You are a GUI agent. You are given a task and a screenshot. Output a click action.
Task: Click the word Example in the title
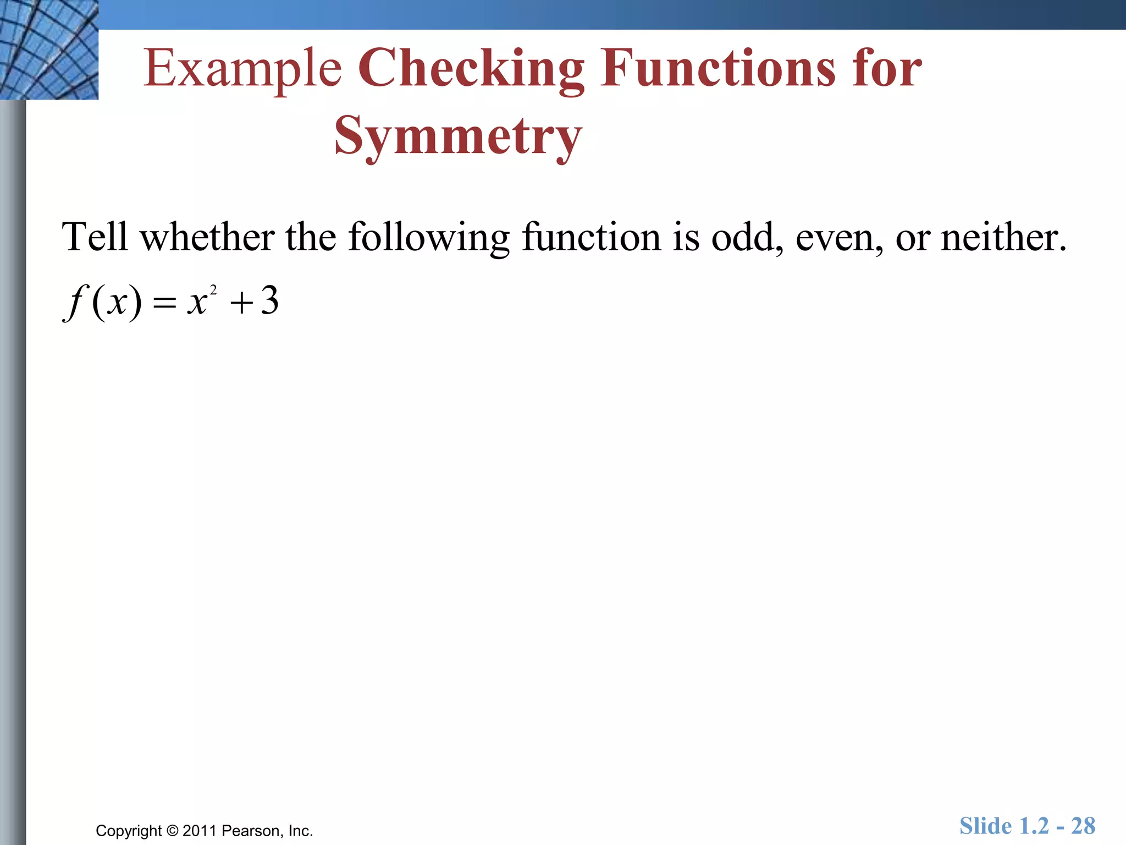coord(242,69)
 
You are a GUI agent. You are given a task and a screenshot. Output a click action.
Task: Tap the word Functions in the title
coord(717,68)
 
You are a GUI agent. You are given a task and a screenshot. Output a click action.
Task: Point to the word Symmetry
coord(458,136)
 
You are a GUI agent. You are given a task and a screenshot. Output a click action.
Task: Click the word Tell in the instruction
coord(95,237)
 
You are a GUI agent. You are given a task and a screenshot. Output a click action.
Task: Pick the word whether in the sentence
coord(207,237)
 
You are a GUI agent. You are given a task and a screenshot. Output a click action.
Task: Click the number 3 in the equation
coord(269,301)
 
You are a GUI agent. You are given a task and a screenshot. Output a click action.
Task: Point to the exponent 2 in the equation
coord(213,289)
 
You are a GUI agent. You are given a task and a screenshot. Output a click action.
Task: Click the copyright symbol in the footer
coord(172,831)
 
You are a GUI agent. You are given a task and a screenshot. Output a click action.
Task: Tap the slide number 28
coord(1083,826)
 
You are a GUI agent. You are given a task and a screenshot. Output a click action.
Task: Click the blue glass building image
coord(49,50)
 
